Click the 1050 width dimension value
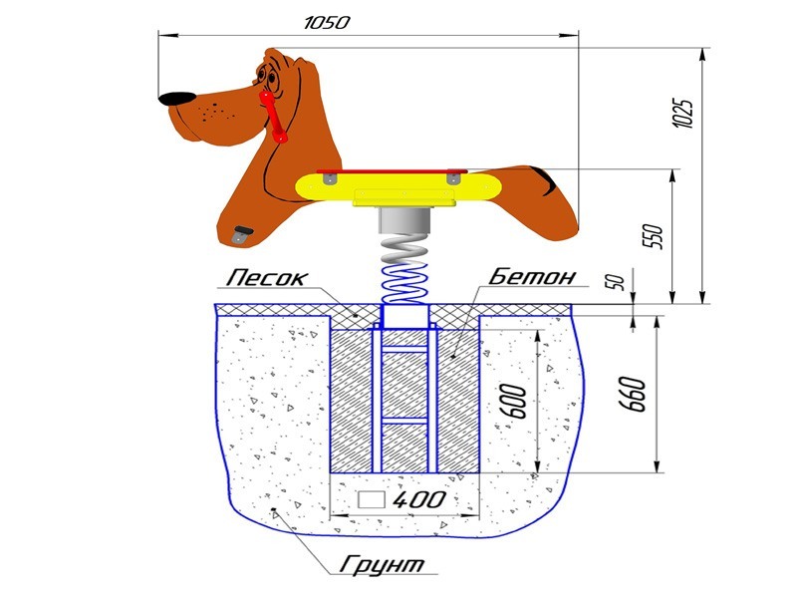[x=327, y=23]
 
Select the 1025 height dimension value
[x=682, y=113]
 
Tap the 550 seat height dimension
[x=654, y=236]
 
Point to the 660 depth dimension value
[x=633, y=394]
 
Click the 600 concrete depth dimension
[x=515, y=402]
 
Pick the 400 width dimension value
[x=419, y=500]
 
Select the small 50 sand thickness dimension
[x=616, y=281]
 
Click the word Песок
[x=267, y=278]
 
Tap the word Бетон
[x=532, y=275]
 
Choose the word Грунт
[x=382, y=563]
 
